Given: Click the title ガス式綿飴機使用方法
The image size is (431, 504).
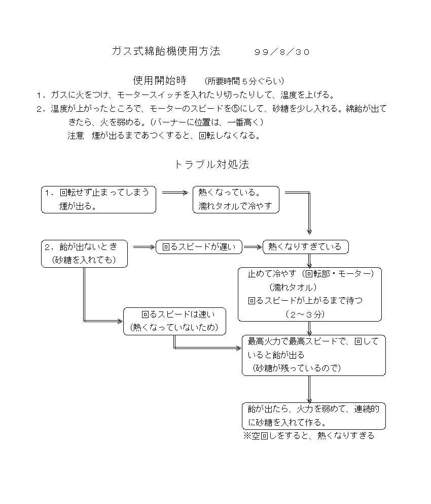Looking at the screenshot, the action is pos(166,51).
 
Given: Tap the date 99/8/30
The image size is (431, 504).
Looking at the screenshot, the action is pos(282,52).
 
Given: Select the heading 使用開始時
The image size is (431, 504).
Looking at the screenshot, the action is pos(160,80).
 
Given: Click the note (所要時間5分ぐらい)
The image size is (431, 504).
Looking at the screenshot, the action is pos(244,81).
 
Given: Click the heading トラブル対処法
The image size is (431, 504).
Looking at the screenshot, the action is pos(211,164).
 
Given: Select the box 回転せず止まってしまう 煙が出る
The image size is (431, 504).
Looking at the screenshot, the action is pos(98,200).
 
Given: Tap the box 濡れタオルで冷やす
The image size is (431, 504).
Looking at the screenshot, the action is pos(236,200).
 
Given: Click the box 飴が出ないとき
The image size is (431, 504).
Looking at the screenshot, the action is pos(84,254).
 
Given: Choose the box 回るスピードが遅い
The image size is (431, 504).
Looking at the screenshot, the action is pos(199,247).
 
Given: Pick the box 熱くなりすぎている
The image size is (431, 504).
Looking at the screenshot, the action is pos(305,247).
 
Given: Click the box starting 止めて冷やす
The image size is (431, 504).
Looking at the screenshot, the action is pos(310,295).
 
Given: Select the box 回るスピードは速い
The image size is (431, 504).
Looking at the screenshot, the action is pos(175,322).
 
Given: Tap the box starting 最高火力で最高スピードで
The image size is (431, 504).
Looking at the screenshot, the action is pos(314,355).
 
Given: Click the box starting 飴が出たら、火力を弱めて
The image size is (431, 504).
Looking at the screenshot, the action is pos(314,416).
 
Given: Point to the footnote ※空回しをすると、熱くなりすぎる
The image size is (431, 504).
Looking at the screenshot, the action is pos(309,436).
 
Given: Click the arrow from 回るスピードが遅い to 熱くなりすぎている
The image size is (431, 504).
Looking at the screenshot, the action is pos(253,247).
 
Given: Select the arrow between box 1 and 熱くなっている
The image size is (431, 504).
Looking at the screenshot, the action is pos(175,193).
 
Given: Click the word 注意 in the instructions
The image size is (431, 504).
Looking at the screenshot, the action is pos(76,136).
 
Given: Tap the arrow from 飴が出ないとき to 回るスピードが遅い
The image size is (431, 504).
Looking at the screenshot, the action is pos(144,247).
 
